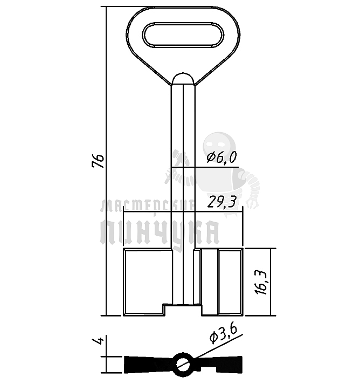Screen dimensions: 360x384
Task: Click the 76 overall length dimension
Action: [98, 161]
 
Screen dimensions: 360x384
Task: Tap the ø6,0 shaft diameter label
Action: [221, 157]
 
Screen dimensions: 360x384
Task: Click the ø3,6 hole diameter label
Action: [223, 334]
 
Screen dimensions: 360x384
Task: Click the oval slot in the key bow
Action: [183, 35]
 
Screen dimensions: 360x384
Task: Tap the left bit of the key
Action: [148, 282]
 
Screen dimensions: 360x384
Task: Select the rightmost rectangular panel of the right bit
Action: [230, 282]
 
